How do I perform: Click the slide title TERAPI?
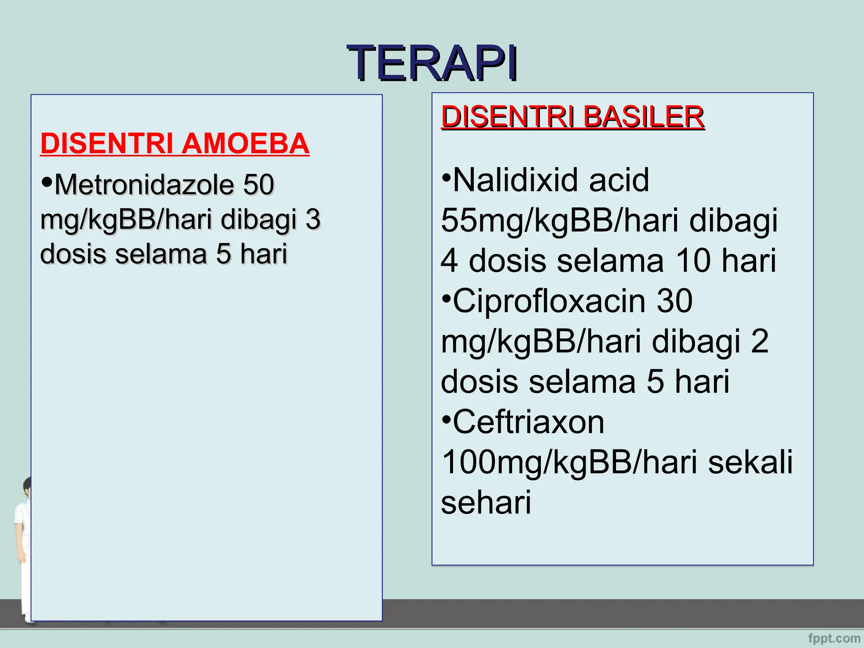tap(432, 63)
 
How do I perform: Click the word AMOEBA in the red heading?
tap(246, 144)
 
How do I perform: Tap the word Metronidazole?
tap(144, 185)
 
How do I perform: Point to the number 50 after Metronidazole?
tap(258, 184)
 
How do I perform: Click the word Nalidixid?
tap(516, 180)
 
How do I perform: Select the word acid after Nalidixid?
tap(618, 180)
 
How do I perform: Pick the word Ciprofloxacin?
tap(549, 301)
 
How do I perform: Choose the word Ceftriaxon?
tap(529, 422)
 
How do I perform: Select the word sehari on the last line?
tap(486, 502)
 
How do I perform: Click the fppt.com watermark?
tap(834, 638)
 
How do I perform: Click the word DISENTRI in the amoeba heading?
tap(106, 144)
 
